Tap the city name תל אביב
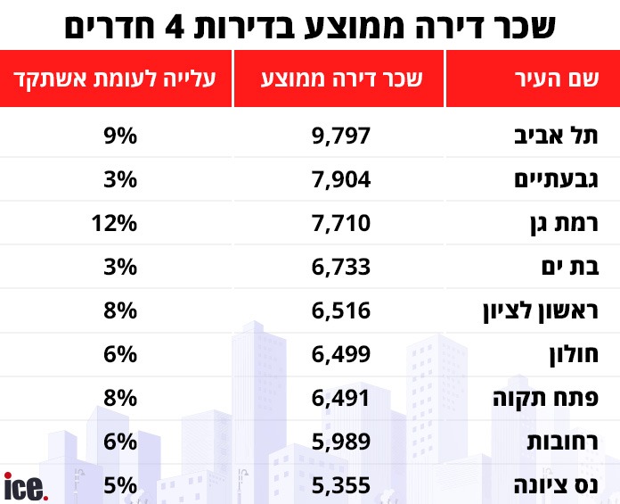click(x=561, y=136)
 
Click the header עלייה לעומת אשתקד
click(x=117, y=78)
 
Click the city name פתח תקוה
click(x=551, y=397)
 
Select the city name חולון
click(x=570, y=353)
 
